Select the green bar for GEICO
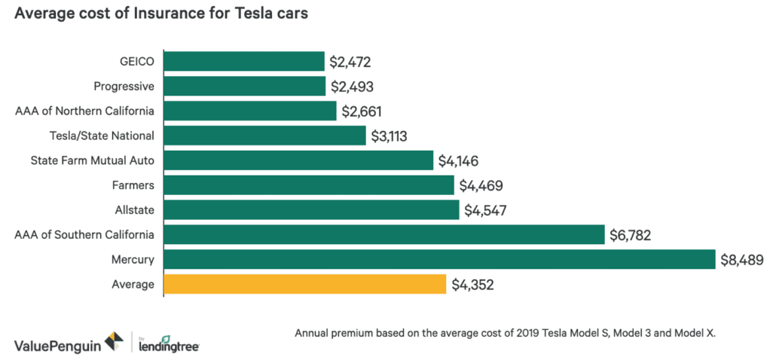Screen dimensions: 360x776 click(x=243, y=62)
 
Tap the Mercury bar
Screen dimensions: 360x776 click(x=439, y=260)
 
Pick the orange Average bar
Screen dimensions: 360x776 click(x=304, y=285)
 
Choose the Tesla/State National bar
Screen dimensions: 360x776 click(x=264, y=136)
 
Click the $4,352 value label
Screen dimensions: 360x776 click(x=475, y=285)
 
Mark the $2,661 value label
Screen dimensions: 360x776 click(x=362, y=111)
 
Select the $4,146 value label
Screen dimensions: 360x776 click(x=459, y=160)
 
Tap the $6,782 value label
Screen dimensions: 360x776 click(x=631, y=235)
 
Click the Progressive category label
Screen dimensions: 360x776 click(x=124, y=87)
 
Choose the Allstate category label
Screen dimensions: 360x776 click(x=136, y=210)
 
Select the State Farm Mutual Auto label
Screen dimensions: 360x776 click(x=92, y=160)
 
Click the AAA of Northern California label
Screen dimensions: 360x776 click(x=84, y=111)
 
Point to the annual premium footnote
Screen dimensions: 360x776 click(x=503, y=333)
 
